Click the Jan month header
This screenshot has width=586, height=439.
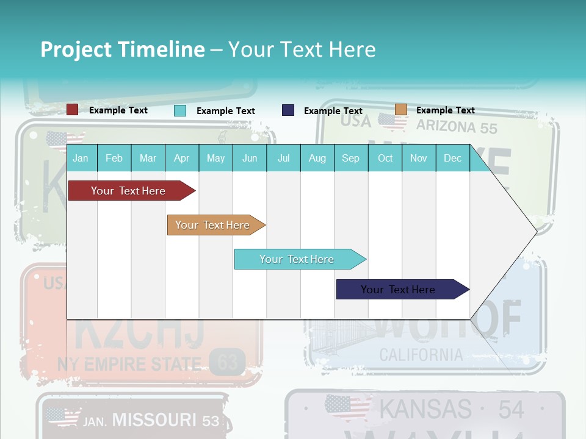pos(81,158)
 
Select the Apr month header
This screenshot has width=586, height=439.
pos(181,158)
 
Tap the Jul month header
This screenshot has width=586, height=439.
pos(283,158)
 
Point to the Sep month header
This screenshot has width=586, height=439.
pos(350,158)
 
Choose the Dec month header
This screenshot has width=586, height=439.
pos(452,158)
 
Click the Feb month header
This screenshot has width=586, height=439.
pos(114,158)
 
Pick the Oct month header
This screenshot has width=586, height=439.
pos(385,158)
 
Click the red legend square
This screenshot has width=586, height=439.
pos(72,110)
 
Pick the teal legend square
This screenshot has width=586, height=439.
pos(180,110)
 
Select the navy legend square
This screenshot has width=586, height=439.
pos(288,110)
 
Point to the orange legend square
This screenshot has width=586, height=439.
pos(400,110)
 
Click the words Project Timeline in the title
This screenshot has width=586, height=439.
pos(122,49)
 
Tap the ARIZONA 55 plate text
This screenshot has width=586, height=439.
pos(457,127)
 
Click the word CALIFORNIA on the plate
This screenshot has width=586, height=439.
pos(421,355)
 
